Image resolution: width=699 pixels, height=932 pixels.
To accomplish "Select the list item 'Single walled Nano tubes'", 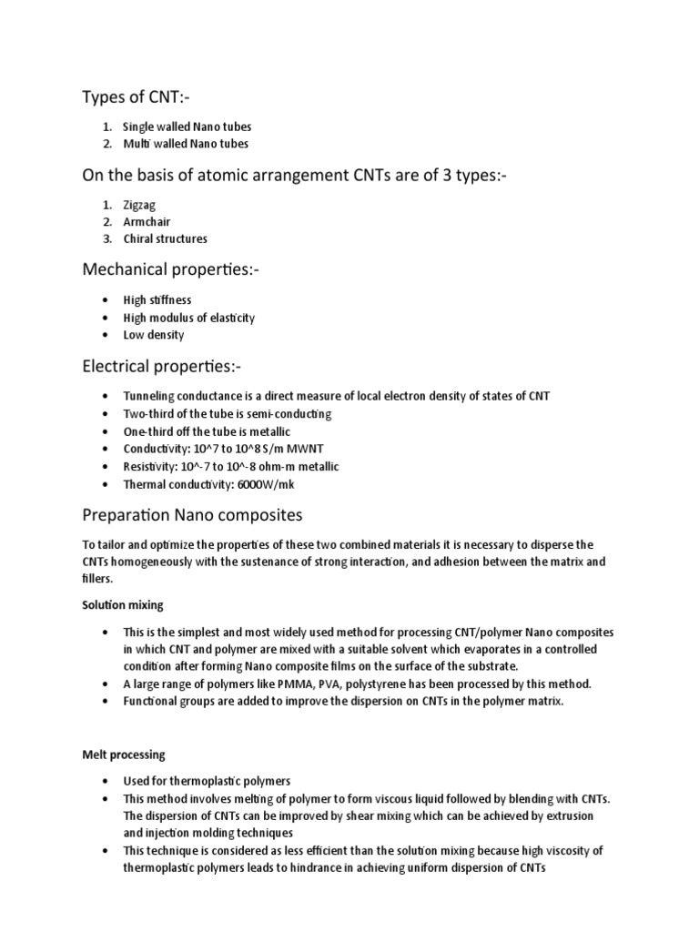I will (187, 127).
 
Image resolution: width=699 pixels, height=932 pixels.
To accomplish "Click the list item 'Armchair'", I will (147, 222).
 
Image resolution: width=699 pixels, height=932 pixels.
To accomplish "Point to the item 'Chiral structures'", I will (166, 238).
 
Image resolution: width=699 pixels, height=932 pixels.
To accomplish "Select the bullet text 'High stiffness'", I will (157, 300).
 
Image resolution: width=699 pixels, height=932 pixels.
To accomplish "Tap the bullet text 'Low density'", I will (154, 334).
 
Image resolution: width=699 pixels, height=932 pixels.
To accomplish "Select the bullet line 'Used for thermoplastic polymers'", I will (207, 782).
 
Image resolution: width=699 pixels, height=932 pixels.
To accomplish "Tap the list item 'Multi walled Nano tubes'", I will (186, 143).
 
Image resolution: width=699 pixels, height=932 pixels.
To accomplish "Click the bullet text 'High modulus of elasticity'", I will (189, 318).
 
